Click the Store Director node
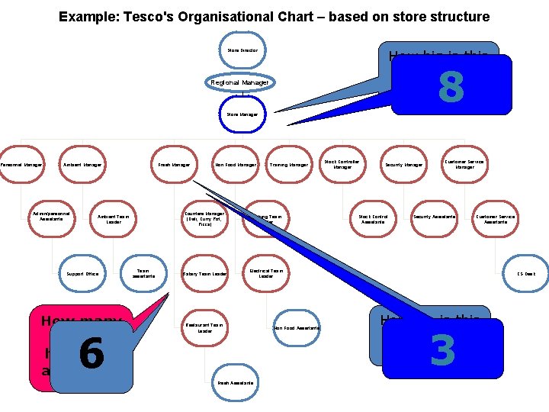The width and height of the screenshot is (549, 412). point(242,50)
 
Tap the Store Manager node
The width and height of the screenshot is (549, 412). point(242,114)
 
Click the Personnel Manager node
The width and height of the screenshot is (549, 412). point(21,164)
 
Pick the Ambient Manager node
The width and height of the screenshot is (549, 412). point(82,164)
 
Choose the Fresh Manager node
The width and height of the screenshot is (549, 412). point(174,164)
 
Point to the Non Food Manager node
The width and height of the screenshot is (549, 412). point(236,164)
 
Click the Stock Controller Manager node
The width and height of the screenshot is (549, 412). point(342,164)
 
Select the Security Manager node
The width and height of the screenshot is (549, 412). point(404,164)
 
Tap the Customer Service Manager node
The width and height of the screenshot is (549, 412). point(465,164)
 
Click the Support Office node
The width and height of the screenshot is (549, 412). point(82,273)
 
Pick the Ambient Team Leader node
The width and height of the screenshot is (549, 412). point(114,219)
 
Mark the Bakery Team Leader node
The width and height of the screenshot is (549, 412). point(204,273)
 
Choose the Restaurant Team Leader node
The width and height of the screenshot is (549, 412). point(204,328)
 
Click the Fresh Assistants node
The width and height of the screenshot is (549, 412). point(236,382)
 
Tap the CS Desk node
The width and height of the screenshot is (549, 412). point(526,273)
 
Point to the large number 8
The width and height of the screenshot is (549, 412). point(451,87)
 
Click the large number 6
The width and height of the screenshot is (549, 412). point(91,355)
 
